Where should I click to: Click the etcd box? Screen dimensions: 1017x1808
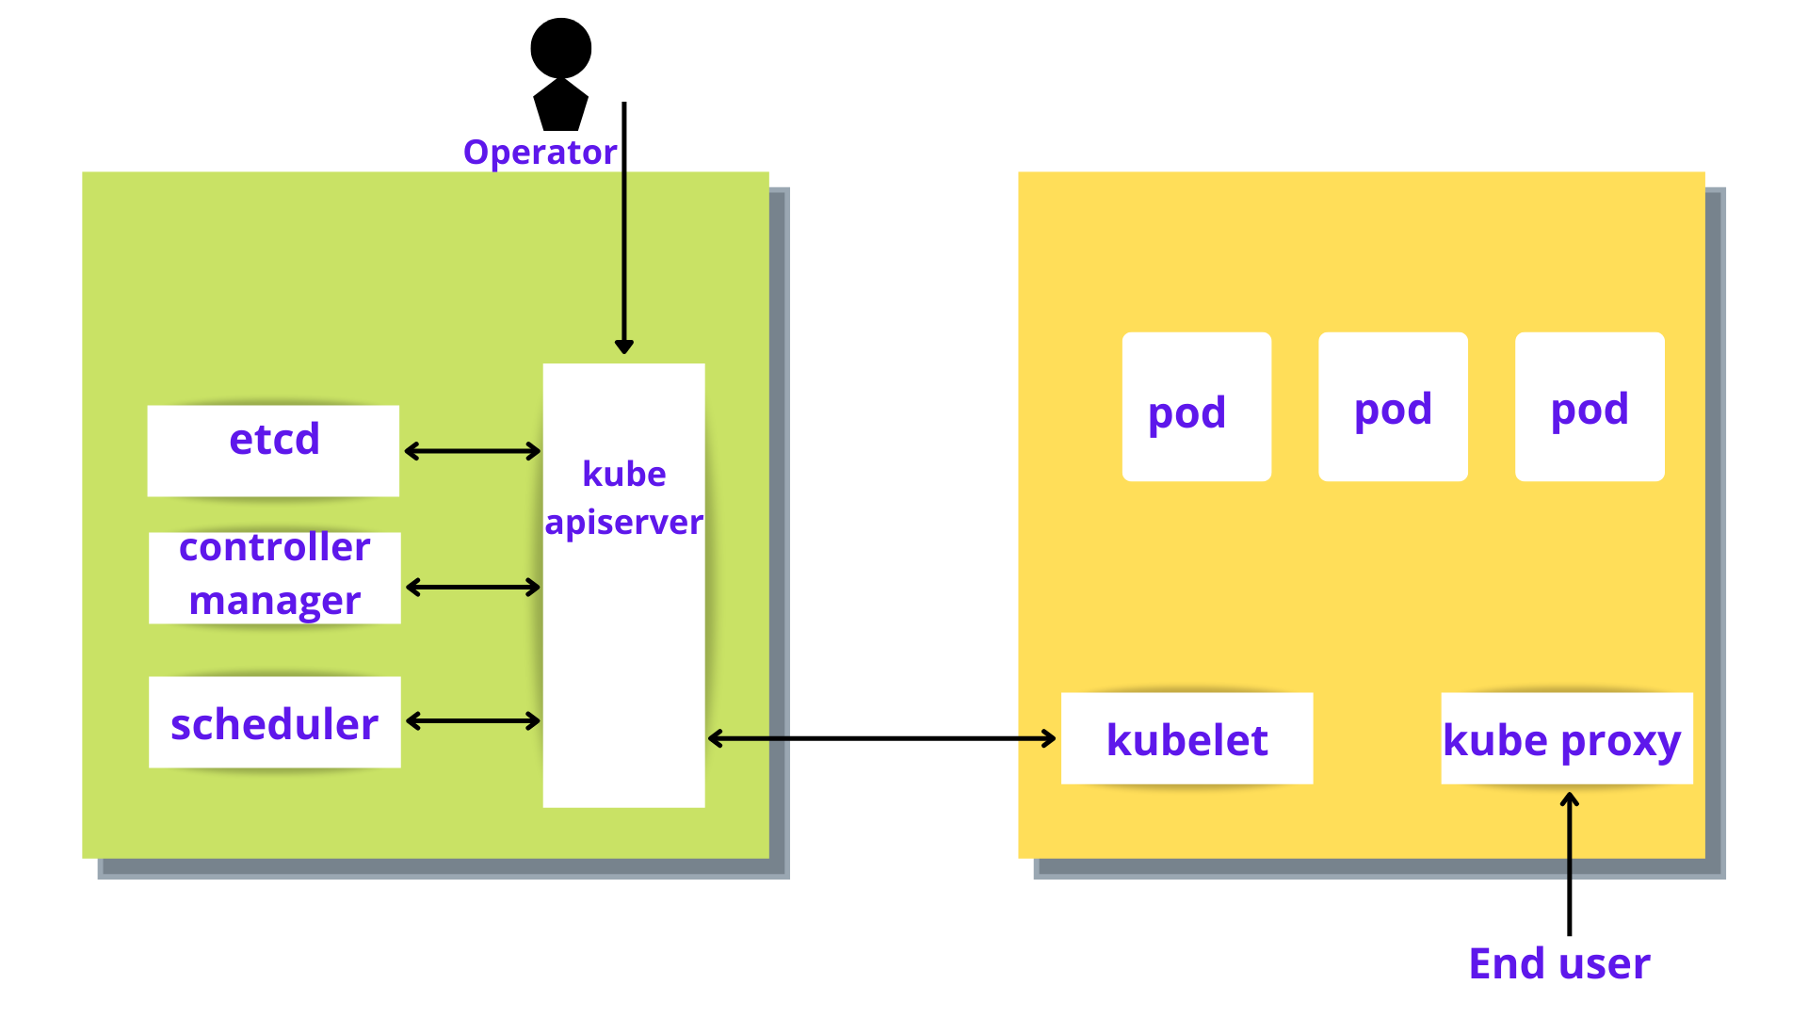pos(273,450)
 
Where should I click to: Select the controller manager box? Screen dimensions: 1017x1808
pos(274,577)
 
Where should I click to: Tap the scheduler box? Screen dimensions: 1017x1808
pos(274,721)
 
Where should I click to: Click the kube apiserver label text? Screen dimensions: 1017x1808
pos(623,498)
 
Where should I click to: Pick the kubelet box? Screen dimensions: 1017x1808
pos(1186,738)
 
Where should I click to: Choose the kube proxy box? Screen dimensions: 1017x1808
pos(1566,738)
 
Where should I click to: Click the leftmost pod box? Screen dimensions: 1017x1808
pos(1196,407)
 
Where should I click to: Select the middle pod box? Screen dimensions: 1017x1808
pos(1393,407)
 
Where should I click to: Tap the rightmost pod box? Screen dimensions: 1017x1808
pos(1590,407)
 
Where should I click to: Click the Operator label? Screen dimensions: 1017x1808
pos(540,153)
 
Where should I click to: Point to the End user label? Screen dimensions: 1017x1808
pos(1559,963)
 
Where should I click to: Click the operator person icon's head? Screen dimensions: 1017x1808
pos(560,48)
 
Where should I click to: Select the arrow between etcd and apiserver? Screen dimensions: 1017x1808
pos(472,451)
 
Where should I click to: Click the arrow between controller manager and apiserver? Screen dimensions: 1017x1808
pos(473,588)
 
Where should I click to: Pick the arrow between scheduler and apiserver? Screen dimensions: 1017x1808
pos(473,721)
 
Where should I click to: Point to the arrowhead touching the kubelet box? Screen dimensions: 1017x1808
pos(1049,738)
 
